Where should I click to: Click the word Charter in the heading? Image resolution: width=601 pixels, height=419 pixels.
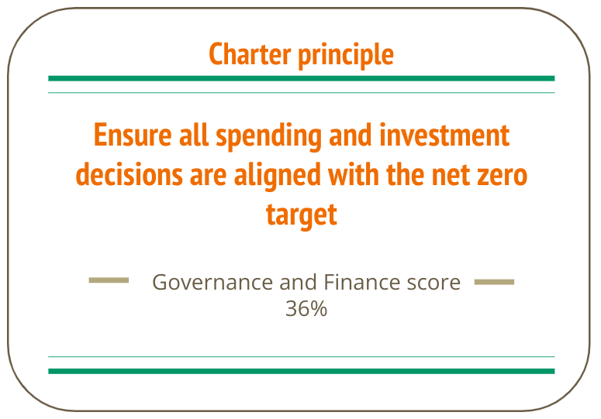(x=250, y=54)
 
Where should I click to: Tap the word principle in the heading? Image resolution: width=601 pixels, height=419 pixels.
(x=346, y=56)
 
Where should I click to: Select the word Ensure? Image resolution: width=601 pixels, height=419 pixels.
(x=133, y=135)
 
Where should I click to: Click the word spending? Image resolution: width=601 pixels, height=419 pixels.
(x=268, y=136)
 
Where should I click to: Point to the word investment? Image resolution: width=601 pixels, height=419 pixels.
(x=444, y=135)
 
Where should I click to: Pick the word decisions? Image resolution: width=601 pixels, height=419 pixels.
(x=130, y=174)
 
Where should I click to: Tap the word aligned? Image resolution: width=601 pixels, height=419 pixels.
(x=277, y=176)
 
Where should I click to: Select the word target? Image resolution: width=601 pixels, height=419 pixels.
(x=302, y=215)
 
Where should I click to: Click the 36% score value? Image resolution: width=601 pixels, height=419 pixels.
(x=306, y=308)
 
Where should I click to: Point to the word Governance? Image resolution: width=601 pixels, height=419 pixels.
(x=212, y=283)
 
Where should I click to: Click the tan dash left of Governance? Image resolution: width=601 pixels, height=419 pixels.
(x=109, y=280)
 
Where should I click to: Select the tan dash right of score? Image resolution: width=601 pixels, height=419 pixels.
(x=494, y=282)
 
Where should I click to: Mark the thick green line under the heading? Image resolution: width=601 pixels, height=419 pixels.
(x=301, y=78)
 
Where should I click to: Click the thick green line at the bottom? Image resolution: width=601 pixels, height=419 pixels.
(x=301, y=371)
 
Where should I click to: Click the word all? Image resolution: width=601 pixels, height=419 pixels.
(x=194, y=135)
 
